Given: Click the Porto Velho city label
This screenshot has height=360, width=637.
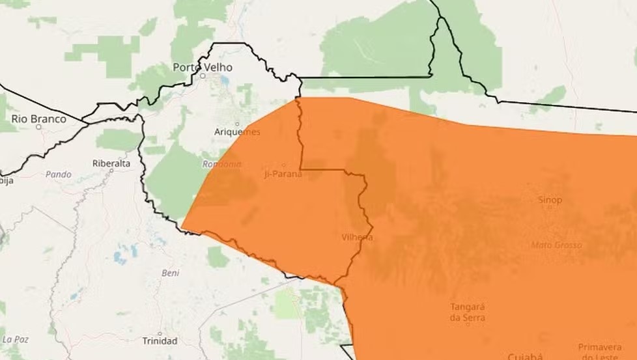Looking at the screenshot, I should tap(202, 67).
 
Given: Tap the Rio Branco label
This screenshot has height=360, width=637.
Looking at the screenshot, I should tap(39, 118).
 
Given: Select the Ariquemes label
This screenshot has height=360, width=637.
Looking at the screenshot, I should tap(237, 132).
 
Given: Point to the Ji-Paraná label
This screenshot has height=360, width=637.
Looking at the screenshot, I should tap(283, 173).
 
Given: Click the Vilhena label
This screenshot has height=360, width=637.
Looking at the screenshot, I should tap(357, 237).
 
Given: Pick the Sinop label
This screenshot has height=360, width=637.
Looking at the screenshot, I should tap(550, 200).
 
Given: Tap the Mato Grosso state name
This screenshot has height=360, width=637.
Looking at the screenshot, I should tap(556, 245).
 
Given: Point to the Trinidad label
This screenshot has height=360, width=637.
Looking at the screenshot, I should tap(160, 341).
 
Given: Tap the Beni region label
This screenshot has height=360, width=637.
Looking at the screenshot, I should tap(170, 273).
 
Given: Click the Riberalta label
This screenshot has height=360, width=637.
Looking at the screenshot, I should tap(111, 163).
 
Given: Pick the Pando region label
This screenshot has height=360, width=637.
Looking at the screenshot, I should tap(58, 174).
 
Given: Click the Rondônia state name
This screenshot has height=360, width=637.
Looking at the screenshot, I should tap(222, 164).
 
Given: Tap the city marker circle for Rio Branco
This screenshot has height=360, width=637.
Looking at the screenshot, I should tap(38, 127).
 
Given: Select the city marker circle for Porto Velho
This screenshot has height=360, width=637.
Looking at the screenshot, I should tap(203, 76).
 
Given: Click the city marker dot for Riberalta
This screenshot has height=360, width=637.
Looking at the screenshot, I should tap(111, 171).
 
